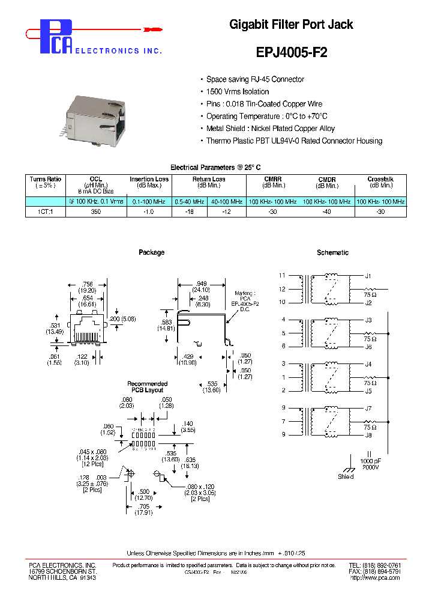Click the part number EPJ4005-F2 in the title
pyautogui.click(x=292, y=52)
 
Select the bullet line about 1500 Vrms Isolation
pyautogui.click(x=238, y=91)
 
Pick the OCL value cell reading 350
pyautogui.click(x=96, y=212)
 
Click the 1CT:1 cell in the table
pyautogui.click(x=46, y=212)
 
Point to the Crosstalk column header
pyautogui.click(x=380, y=180)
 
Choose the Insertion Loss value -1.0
pyautogui.click(x=149, y=212)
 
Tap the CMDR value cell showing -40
pyautogui.click(x=327, y=212)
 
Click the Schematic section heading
pyautogui.click(x=332, y=253)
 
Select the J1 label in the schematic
pyautogui.click(x=368, y=276)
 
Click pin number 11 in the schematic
pyautogui.click(x=283, y=275)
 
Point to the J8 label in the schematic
pyautogui.click(x=368, y=434)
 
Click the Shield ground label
pyautogui.click(x=346, y=476)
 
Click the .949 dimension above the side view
pyautogui.click(x=200, y=284)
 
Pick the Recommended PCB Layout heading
pyautogui.click(x=148, y=387)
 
